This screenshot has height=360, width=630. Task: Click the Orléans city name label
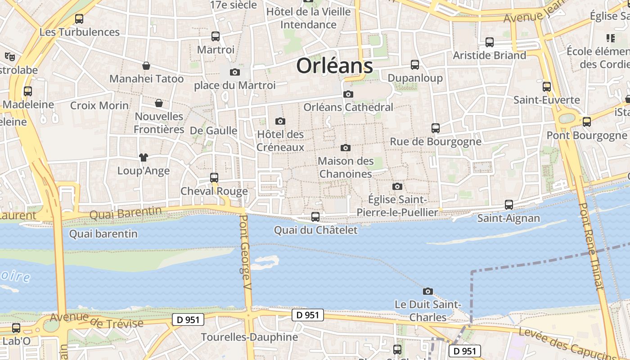click(x=334, y=66)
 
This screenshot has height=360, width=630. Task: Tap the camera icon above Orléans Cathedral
click(x=348, y=94)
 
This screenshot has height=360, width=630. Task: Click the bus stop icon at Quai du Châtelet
click(x=315, y=217)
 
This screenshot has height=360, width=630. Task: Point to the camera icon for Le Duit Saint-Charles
click(x=428, y=291)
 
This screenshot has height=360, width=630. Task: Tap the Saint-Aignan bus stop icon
click(x=509, y=205)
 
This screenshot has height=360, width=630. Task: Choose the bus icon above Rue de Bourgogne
click(x=435, y=128)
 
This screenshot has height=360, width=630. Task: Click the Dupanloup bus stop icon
click(x=415, y=65)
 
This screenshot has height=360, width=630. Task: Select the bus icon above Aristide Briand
click(x=490, y=42)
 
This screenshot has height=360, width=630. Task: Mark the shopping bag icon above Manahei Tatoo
click(x=146, y=66)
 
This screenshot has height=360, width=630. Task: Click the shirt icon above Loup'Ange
click(x=144, y=157)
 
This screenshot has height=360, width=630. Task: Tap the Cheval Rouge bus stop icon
click(x=214, y=178)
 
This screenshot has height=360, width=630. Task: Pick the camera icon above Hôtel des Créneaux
click(x=280, y=121)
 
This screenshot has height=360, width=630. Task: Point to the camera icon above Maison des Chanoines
click(x=346, y=148)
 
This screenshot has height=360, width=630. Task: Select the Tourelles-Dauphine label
click(x=249, y=337)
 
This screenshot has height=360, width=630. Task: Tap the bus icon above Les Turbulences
click(x=79, y=19)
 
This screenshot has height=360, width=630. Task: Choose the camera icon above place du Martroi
click(x=234, y=72)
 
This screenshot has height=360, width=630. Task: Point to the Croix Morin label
click(x=99, y=106)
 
